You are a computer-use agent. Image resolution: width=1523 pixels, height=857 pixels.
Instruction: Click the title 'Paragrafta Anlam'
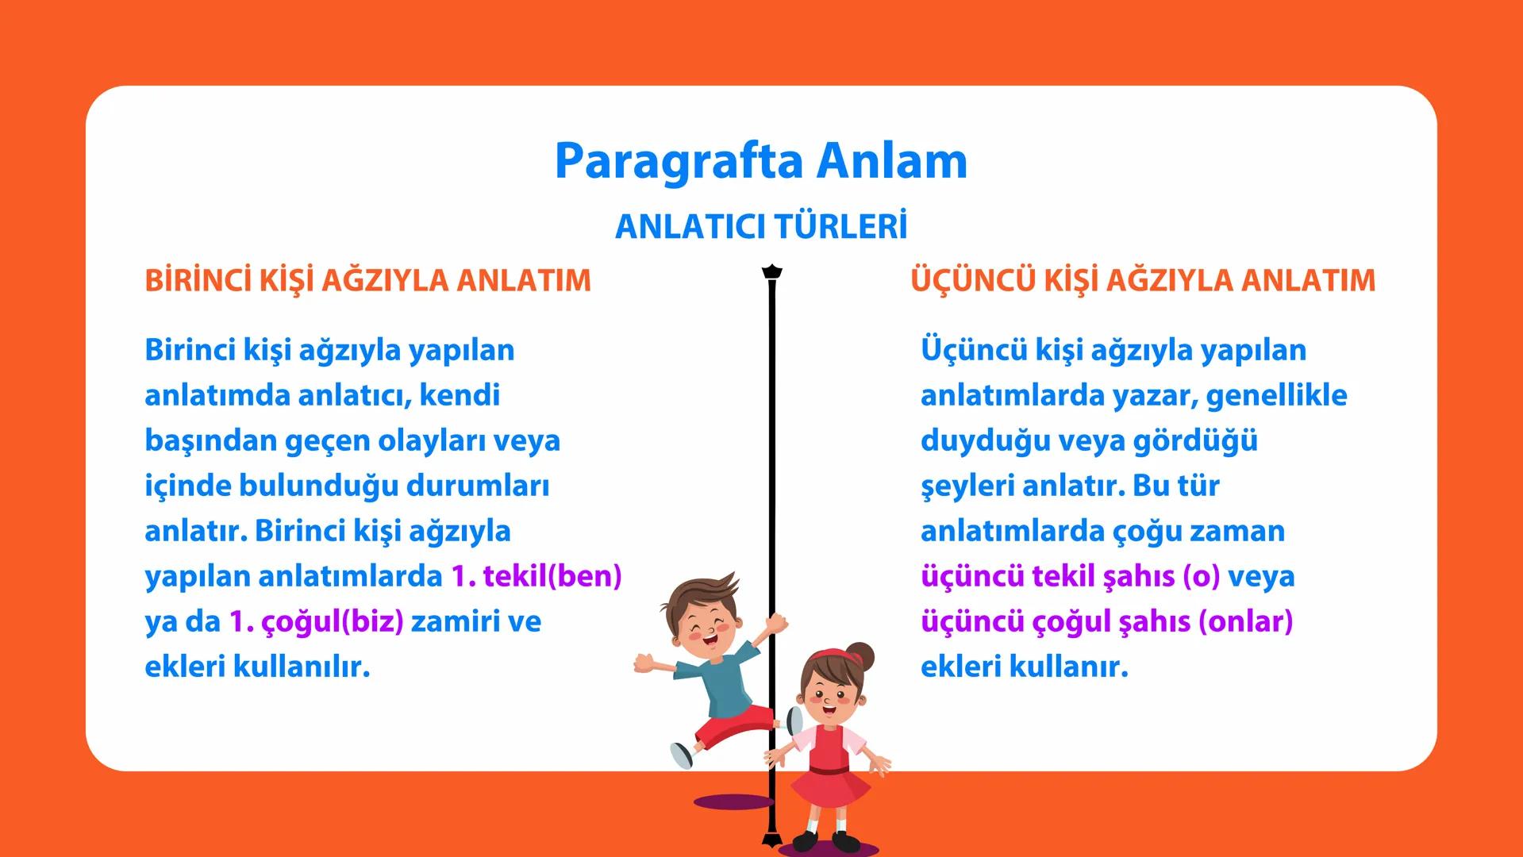point(760,161)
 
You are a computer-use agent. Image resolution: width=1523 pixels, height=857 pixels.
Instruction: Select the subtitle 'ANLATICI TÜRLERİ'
point(760,227)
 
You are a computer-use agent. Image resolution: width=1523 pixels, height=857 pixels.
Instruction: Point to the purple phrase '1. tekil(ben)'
point(536,576)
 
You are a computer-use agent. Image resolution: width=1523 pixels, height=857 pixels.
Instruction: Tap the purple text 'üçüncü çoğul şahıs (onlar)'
point(1106,621)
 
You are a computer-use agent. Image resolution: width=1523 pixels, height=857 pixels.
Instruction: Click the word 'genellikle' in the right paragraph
point(1276,395)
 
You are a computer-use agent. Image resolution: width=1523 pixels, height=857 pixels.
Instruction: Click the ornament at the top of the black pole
point(771,272)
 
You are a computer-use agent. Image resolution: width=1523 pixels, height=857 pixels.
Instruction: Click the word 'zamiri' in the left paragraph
point(455,621)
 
